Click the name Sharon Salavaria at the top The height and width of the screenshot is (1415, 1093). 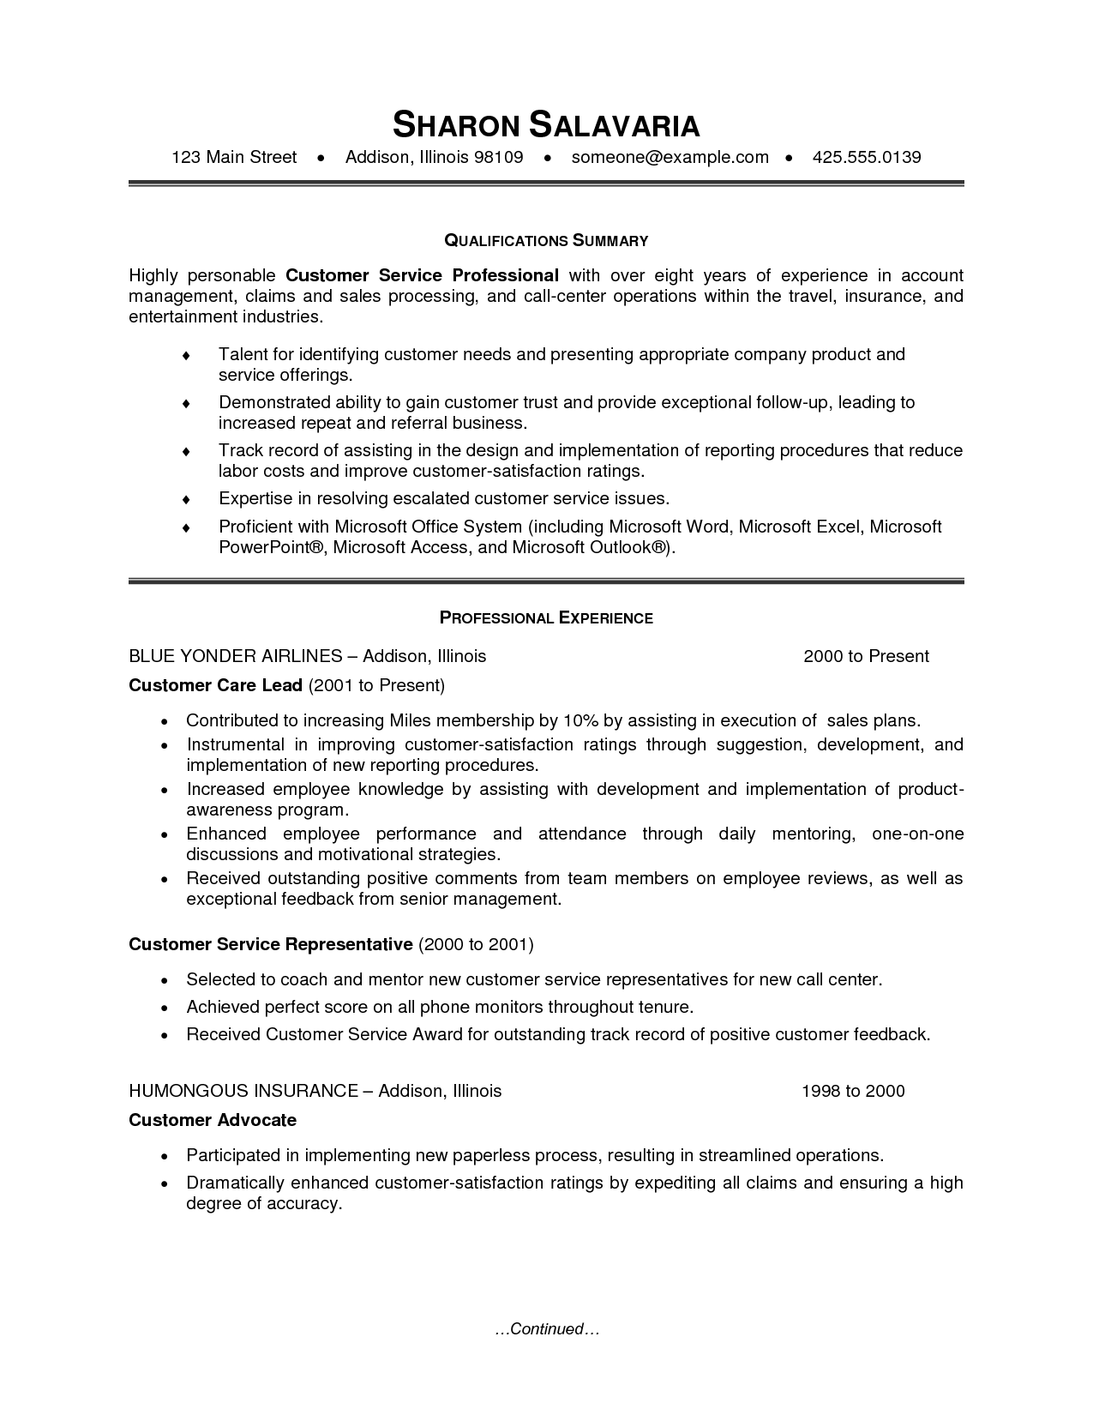click(x=546, y=125)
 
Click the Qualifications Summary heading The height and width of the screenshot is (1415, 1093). click(x=546, y=241)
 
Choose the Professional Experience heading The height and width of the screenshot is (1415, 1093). click(x=546, y=618)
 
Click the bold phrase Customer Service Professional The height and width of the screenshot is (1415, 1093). click(x=422, y=275)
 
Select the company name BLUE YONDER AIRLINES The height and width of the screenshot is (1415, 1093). click(x=236, y=656)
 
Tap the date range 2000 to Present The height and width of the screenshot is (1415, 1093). click(x=866, y=656)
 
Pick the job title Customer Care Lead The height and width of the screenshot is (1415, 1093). click(x=215, y=685)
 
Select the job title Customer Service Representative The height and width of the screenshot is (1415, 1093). click(x=271, y=944)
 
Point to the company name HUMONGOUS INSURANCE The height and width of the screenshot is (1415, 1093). click(x=243, y=1091)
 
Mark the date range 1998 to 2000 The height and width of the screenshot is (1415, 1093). click(x=853, y=1091)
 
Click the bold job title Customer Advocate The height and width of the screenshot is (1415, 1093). click(x=213, y=1120)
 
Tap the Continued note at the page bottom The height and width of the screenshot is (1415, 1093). click(x=546, y=1329)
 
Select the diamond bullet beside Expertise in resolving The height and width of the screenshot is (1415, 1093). click(x=186, y=499)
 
